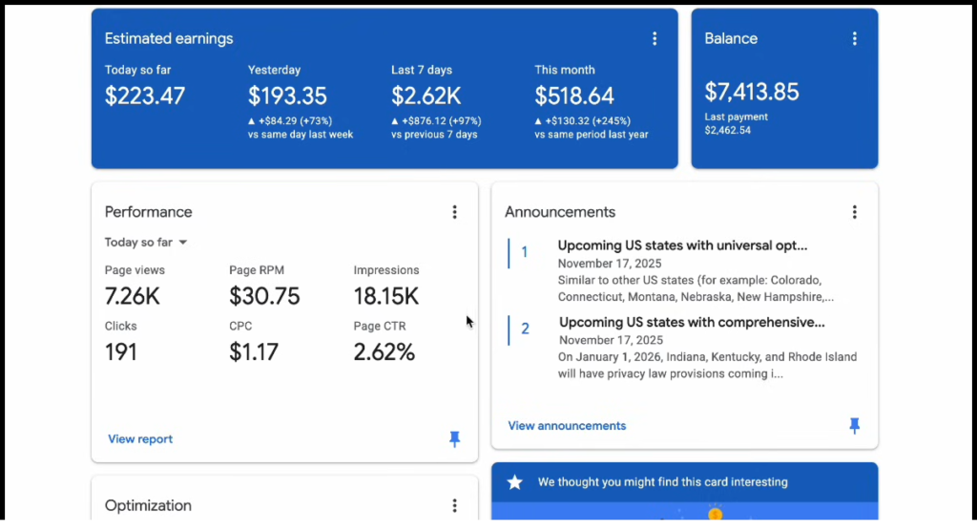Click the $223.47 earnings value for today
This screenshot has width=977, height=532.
pos(145,96)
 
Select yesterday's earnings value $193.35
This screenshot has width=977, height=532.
pos(287,96)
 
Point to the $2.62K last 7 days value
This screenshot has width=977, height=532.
pos(426,96)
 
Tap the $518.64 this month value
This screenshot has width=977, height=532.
pos(574,96)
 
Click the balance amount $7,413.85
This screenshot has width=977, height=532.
pos(752,92)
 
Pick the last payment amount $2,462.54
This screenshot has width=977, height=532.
pos(727,130)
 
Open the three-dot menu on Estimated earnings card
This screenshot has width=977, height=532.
pos(655,39)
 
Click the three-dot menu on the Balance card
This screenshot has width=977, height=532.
pos(854,39)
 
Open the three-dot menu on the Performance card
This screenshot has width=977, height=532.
pos(454,212)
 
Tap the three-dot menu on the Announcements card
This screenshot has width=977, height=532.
pos(854,212)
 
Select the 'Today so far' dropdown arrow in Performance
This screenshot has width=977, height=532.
pos(182,243)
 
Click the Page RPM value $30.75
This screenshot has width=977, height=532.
pos(264,296)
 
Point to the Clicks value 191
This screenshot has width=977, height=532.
pos(121,351)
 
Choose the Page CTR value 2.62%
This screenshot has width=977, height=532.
pos(384,351)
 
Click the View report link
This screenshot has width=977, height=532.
pos(140,439)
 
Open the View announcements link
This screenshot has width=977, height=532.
pos(567,426)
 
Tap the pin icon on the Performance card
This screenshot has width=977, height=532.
pos(454,438)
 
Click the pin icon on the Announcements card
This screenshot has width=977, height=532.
pos(854,425)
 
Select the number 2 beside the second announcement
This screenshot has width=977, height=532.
pos(525,330)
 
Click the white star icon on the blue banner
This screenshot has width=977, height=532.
pos(515,482)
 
